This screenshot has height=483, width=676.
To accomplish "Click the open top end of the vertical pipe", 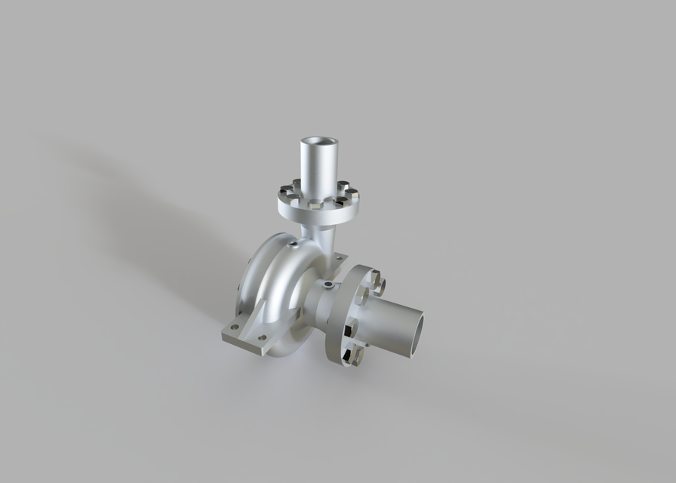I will [318, 141].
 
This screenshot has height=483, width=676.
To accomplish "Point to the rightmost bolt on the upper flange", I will [352, 194].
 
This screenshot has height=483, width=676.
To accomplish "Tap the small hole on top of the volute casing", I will [291, 244].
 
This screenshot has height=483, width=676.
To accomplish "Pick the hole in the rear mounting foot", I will [240, 289].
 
